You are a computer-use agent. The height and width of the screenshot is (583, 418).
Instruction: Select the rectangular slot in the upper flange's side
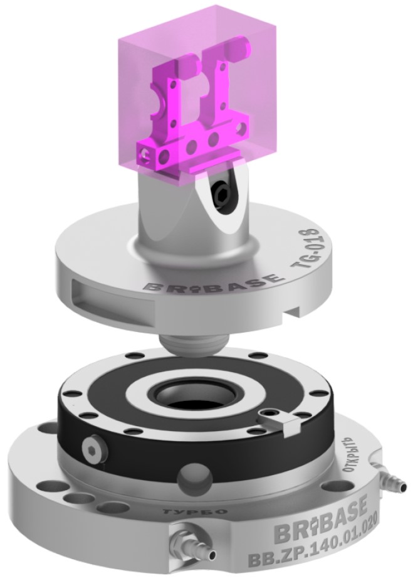(112, 297)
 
